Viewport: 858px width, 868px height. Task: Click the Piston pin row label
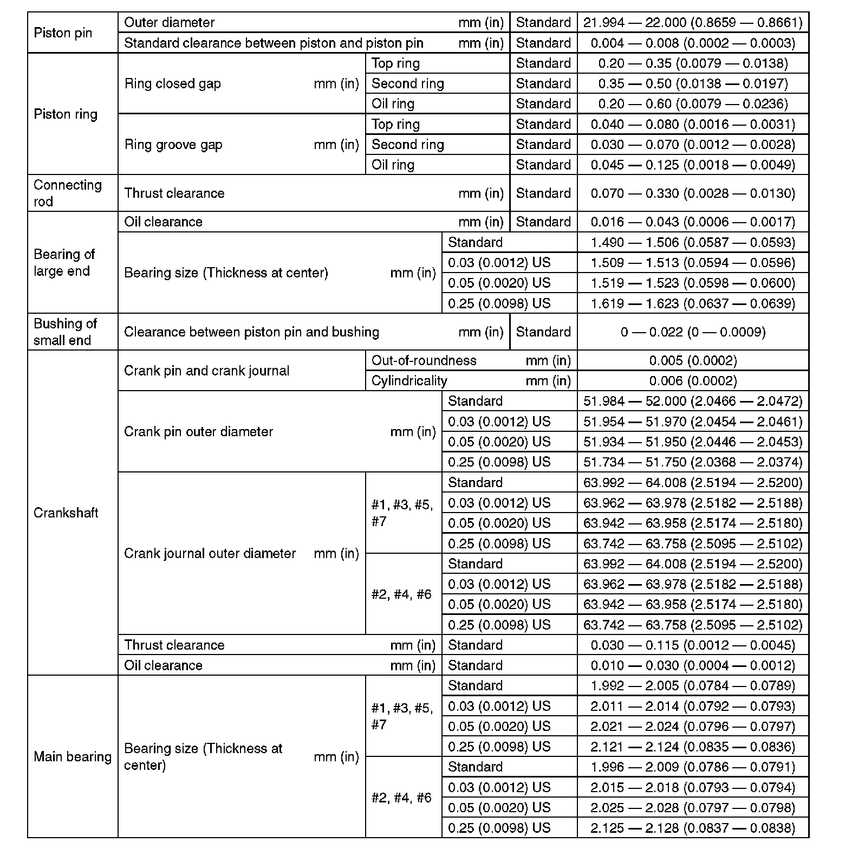(x=63, y=33)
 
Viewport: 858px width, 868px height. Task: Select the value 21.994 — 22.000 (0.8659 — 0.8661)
(x=693, y=22)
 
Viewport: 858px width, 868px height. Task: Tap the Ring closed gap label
(x=172, y=83)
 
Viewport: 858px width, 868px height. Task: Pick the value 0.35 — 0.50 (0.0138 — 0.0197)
(x=693, y=83)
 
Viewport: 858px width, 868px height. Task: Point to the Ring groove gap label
(x=173, y=145)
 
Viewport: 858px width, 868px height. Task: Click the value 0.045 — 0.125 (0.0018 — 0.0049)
(x=693, y=165)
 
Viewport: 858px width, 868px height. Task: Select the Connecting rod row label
(x=68, y=193)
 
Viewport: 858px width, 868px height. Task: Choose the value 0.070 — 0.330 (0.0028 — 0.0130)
(x=693, y=193)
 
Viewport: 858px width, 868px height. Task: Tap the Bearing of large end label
(x=64, y=262)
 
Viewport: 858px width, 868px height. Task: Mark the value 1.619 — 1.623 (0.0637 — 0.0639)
(x=693, y=303)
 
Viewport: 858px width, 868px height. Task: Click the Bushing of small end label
(x=65, y=332)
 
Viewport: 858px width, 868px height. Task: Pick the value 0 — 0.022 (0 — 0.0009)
(x=693, y=332)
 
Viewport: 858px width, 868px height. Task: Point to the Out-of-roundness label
(x=424, y=360)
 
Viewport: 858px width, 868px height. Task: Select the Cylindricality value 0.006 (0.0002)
(x=693, y=381)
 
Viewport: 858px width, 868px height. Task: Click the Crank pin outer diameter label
(x=198, y=431)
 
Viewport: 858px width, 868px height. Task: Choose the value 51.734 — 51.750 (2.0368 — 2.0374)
(x=693, y=462)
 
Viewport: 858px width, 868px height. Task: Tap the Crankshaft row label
(x=66, y=513)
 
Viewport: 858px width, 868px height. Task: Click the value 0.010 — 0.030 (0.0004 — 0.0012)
(x=693, y=665)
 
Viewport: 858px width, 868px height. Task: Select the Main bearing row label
(x=73, y=756)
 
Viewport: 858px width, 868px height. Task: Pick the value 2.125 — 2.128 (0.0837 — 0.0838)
(x=693, y=828)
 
